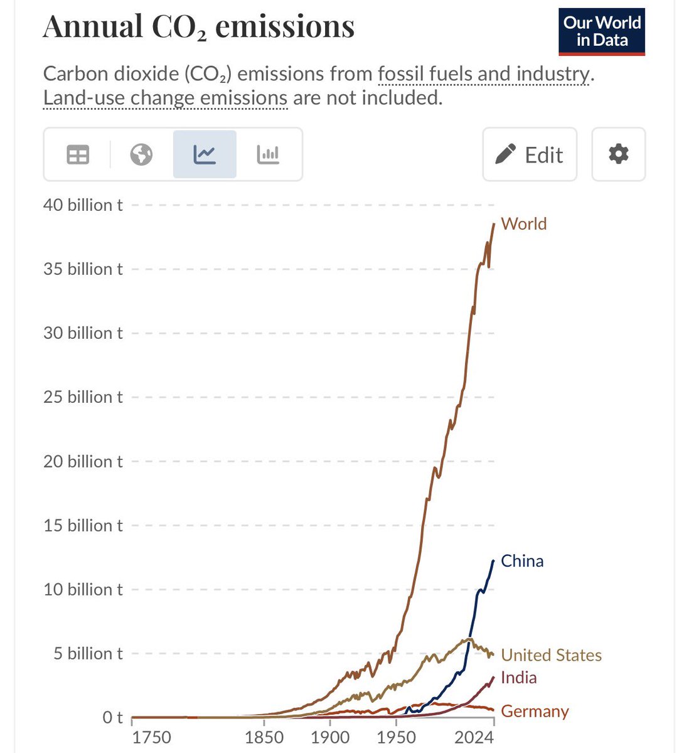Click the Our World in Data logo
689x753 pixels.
(x=602, y=31)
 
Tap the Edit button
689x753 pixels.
(x=530, y=154)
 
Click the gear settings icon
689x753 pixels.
(x=618, y=154)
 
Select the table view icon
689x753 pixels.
(x=78, y=154)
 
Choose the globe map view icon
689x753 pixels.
(x=141, y=154)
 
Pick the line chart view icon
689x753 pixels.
(x=205, y=154)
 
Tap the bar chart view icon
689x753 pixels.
(x=268, y=154)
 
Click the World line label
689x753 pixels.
(x=524, y=224)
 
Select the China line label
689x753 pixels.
(x=522, y=561)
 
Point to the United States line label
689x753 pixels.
(x=551, y=655)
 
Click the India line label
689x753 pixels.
(x=519, y=678)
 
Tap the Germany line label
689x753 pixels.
(x=535, y=712)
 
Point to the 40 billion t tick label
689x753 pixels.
(x=83, y=205)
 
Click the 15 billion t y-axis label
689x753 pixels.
(x=83, y=525)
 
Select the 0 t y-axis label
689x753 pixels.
(x=112, y=717)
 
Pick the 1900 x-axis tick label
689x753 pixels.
(x=330, y=737)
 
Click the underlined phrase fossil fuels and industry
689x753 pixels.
(x=483, y=74)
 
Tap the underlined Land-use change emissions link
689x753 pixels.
(x=165, y=98)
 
